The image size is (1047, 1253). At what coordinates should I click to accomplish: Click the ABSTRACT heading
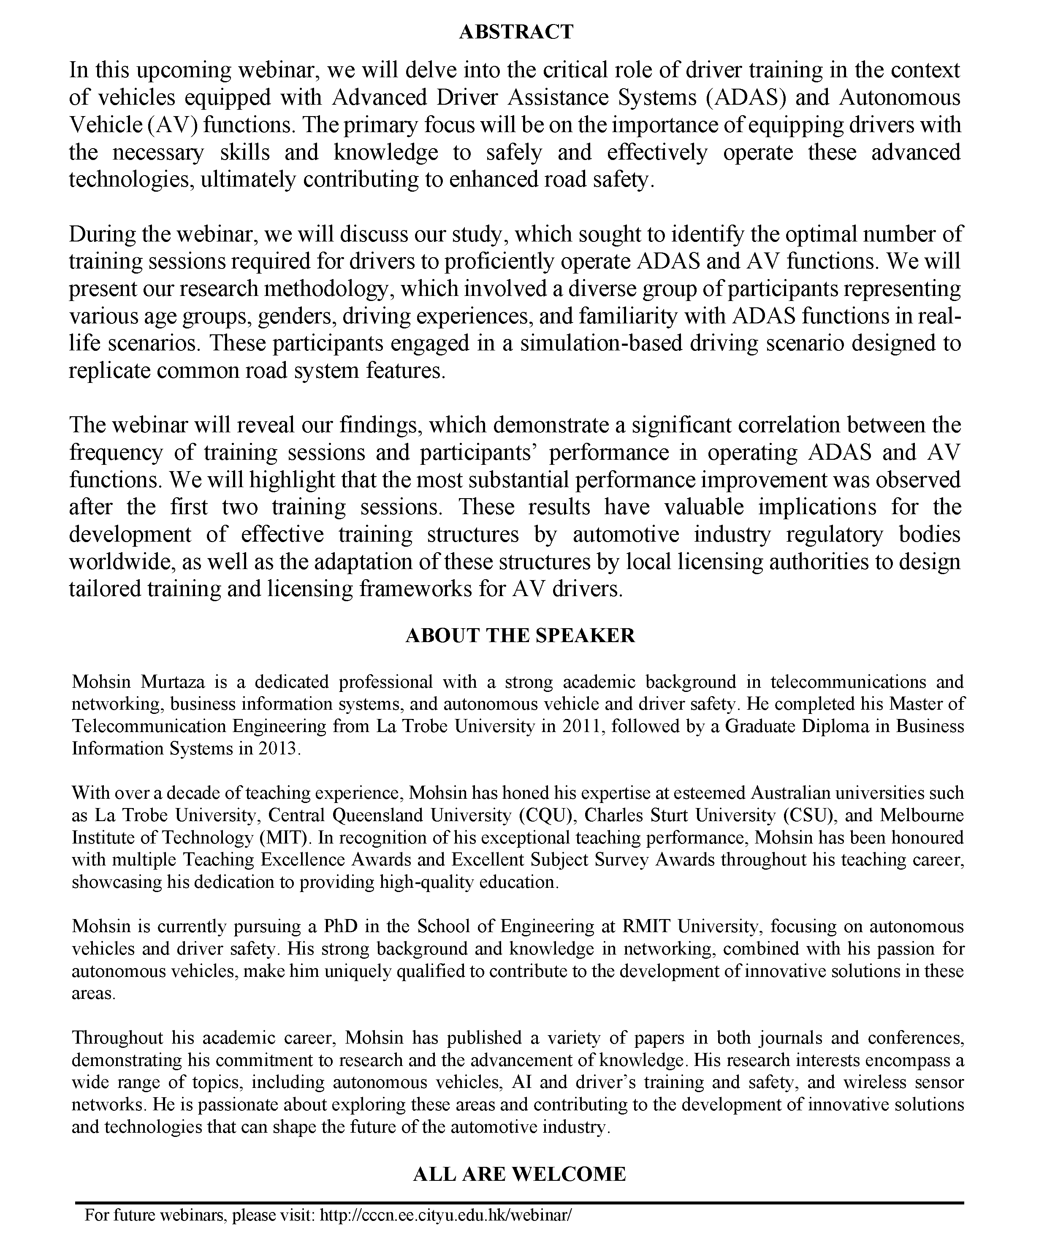click(516, 32)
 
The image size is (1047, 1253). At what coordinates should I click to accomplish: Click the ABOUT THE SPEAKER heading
click(520, 635)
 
